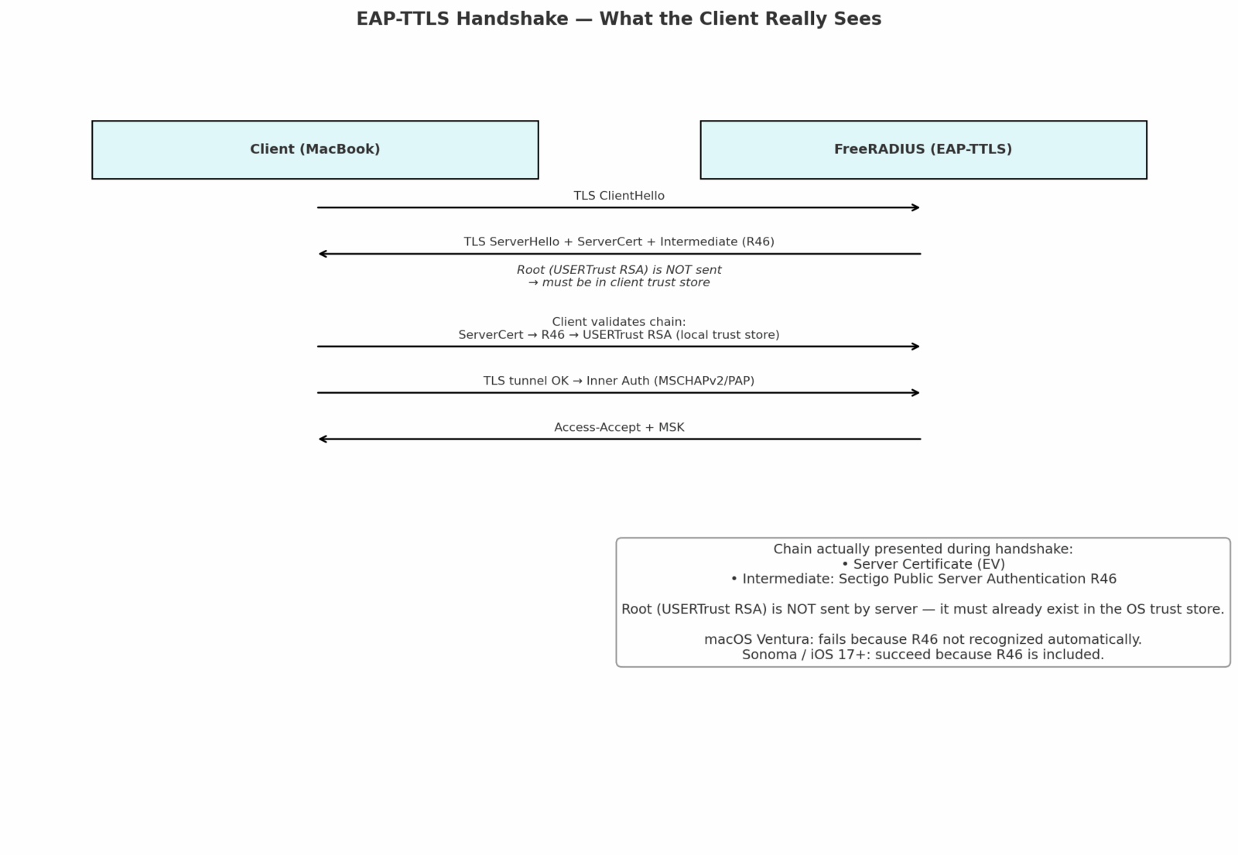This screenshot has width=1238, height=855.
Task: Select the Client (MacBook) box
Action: point(315,150)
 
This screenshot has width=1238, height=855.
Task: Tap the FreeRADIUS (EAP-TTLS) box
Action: point(924,150)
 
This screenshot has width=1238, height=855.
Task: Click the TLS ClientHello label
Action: point(619,196)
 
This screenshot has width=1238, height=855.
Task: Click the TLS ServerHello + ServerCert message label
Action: point(619,241)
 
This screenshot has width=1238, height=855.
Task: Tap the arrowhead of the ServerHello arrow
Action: point(320,254)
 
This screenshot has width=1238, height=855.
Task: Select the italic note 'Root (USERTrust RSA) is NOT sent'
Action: point(619,270)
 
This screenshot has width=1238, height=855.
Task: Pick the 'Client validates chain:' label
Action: point(619,322)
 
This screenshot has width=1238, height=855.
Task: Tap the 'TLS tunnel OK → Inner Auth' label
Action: point(619,381)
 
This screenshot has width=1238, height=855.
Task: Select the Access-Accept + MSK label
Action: point(619,427)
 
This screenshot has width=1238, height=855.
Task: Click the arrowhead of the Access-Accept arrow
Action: point(320,439)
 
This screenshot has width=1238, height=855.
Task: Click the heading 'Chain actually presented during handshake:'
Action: point(923,549)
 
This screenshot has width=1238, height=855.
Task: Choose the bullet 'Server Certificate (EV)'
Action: point(923,564)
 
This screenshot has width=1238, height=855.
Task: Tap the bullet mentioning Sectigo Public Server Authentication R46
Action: point(923,579)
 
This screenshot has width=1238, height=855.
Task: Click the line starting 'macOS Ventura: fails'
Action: point(923,639)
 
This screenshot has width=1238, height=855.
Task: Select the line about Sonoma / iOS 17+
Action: point(923,655)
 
